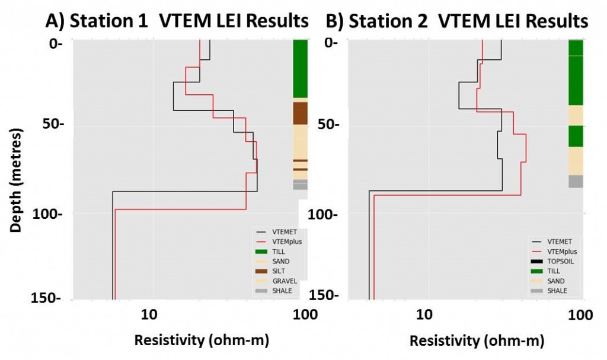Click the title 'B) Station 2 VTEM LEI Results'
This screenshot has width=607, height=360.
point(457,21)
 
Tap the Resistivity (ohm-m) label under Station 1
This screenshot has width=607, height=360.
point(202,341)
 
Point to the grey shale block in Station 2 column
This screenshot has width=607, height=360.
point(576,181)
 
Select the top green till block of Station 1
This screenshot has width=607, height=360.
point(300,68)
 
